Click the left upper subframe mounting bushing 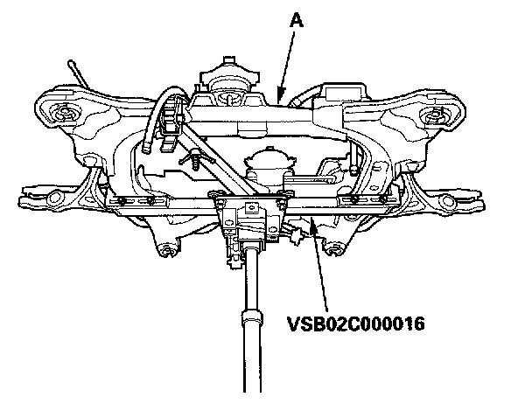click(63, 114)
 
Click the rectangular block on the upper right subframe click(339, 94)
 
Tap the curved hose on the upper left click(161, 122)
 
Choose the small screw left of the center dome click(192, 163)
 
